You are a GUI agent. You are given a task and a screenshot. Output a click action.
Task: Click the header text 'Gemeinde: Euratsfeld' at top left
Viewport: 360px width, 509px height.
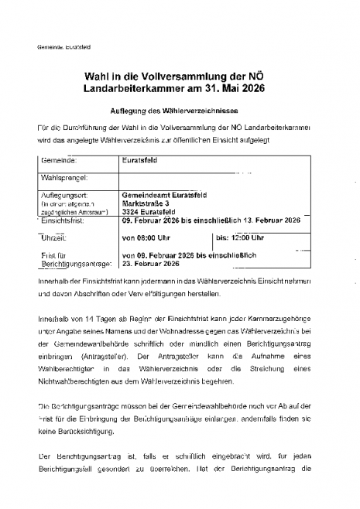64,46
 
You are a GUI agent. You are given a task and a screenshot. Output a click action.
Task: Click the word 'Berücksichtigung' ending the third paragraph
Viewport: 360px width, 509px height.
86,431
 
